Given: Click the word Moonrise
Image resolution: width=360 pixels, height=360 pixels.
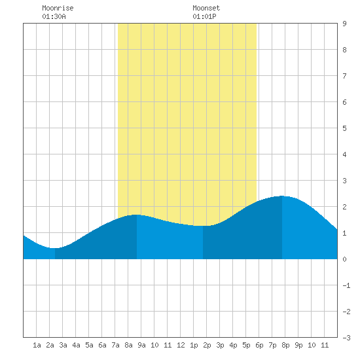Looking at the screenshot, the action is pos(58,8).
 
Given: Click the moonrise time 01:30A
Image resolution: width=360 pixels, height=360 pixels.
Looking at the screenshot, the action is pos(54,16).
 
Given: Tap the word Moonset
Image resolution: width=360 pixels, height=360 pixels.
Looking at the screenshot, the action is pos(206,8).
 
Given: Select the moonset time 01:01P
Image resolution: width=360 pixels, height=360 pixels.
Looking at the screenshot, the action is pos(204,16).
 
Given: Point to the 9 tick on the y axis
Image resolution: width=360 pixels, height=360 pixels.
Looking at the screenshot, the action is pos(344,24).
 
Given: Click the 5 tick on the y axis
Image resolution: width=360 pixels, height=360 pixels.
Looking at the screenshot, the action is pos(344,128).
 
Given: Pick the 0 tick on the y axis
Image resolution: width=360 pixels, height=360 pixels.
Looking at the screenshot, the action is pos(344,259).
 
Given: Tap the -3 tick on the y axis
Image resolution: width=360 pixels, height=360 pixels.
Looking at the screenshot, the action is pos(346,338).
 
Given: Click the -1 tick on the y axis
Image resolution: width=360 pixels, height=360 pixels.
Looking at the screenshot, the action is pos(346,285).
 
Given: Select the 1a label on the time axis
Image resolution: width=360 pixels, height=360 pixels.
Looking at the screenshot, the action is pos(37,345).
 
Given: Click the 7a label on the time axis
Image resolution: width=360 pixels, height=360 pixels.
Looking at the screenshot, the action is pos(115,345).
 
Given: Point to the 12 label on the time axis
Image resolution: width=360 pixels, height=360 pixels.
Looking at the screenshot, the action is pos(181,345).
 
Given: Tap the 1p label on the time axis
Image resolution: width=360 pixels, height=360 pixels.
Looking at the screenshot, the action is pos(194,345).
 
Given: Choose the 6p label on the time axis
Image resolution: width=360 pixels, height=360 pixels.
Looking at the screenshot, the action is pos(259,345).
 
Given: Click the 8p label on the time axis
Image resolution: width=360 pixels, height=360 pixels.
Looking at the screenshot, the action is pos(285,345).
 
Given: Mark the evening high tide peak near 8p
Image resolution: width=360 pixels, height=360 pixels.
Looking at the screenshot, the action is pos(282,196).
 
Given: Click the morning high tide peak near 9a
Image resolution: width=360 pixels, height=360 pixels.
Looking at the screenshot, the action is pos(137,215).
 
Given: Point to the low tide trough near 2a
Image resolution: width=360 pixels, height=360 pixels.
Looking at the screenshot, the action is pos(54,248).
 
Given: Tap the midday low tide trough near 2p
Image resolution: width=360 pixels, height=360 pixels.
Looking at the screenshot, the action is pos(203,226).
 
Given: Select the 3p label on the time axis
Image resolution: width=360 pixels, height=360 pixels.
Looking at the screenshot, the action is pos(220,345).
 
